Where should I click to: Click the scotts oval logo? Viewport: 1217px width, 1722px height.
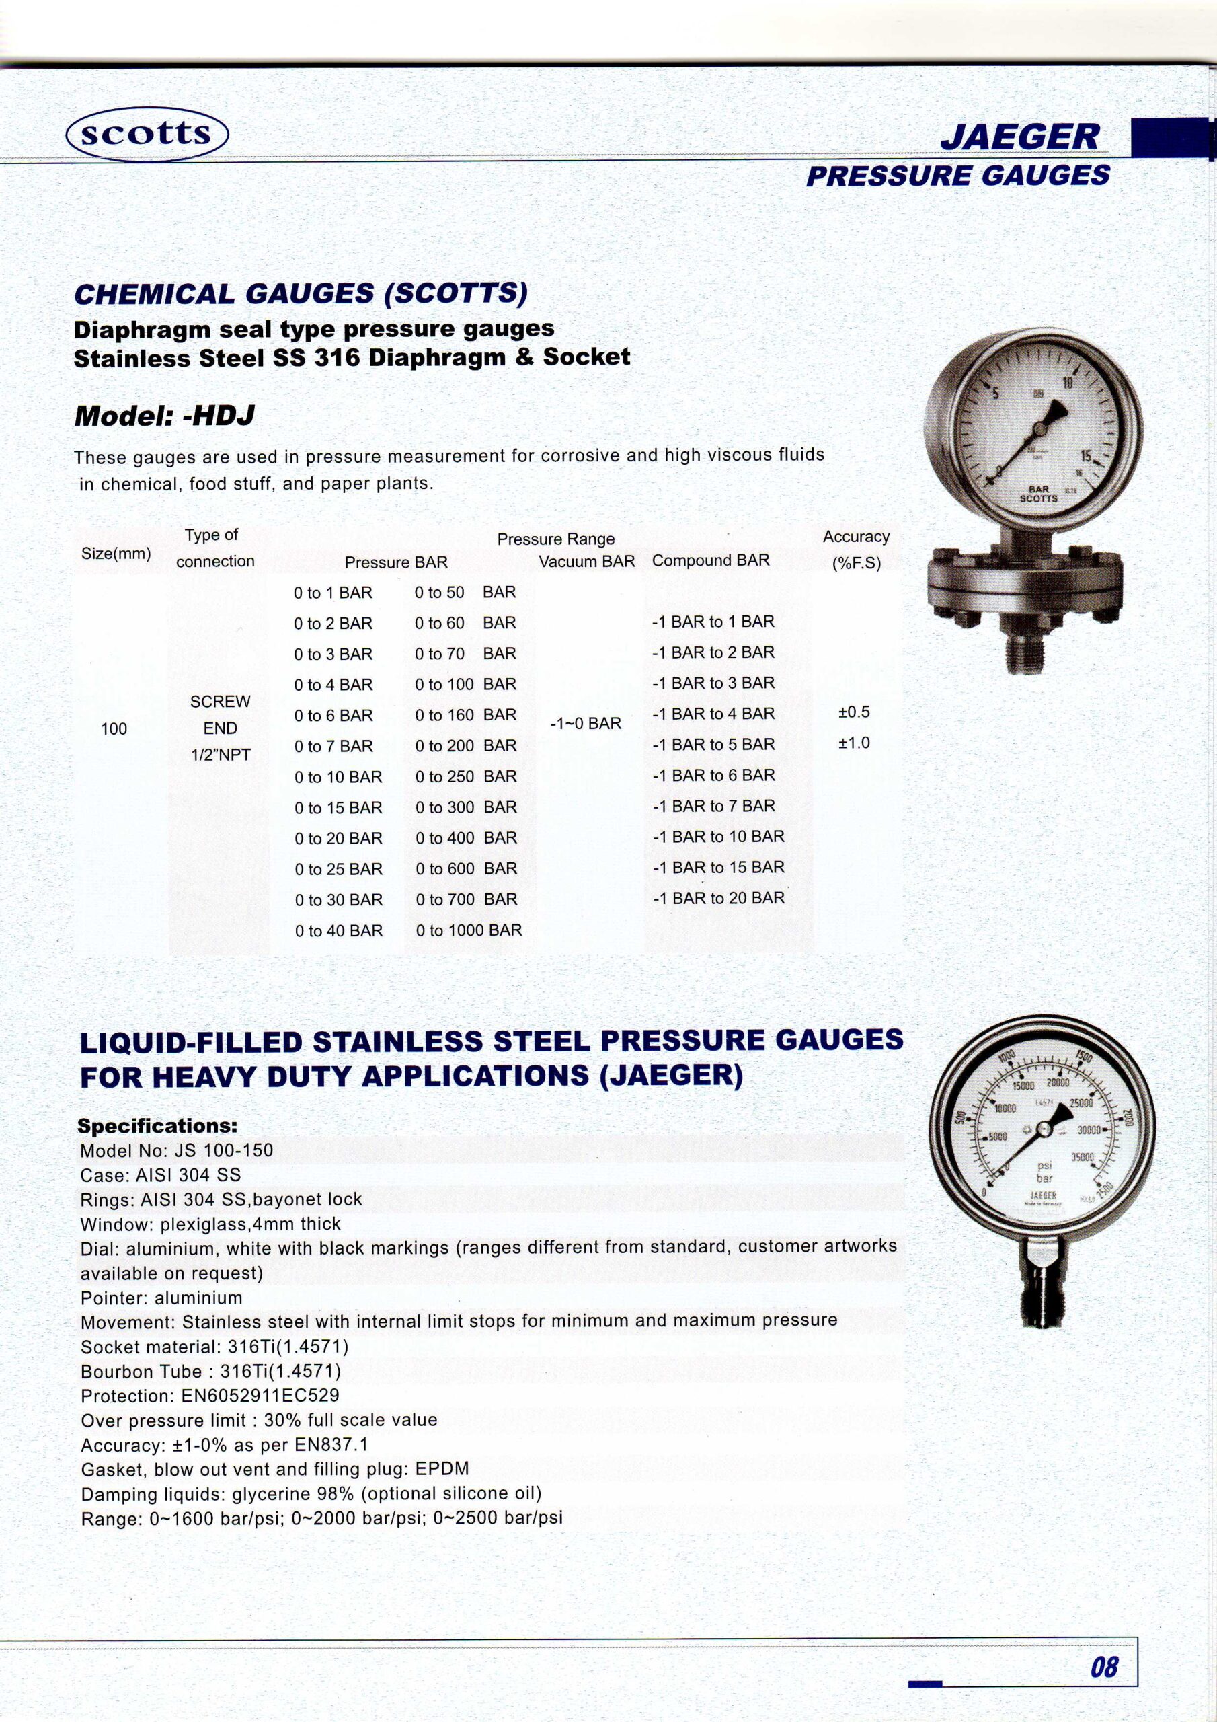pos(147,133)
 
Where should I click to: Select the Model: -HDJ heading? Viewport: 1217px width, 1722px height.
pos(164,416)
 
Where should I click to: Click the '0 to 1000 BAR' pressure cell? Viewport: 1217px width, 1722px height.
pos(469,930)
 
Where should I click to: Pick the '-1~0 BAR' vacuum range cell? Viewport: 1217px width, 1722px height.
pos(585,724)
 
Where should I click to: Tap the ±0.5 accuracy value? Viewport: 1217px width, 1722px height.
pos(853,712)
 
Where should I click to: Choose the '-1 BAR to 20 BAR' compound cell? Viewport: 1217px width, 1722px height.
pos(717,898)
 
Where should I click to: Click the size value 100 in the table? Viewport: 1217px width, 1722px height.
pos(114,728)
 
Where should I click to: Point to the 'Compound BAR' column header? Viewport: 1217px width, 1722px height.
pos(710,560)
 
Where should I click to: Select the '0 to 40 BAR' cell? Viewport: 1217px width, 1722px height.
pos(338,931)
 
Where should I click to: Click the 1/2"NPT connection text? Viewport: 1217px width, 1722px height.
pos(221,755)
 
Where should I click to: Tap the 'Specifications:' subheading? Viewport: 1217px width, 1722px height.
pos(157,1126)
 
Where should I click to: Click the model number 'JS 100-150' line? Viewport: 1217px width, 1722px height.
pos(176,1150)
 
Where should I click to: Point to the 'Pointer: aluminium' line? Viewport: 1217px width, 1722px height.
pos(161,1298)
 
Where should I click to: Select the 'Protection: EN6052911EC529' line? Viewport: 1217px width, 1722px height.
pos(210,1396)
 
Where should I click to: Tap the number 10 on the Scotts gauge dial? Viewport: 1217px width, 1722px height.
pos(1067,383)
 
